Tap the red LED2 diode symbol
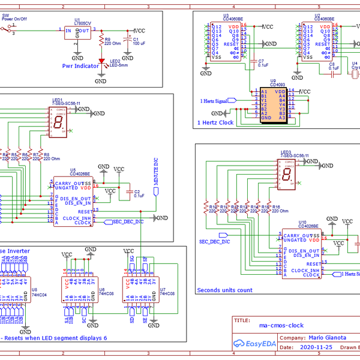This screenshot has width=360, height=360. [x=102, y=60]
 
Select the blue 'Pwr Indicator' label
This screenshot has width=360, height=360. [x=80, y=66]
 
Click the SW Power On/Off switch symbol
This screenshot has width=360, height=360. [x=8, y=31]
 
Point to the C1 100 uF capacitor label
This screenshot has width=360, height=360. [x=139, y=41]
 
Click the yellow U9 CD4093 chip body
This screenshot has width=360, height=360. [x=274, y=105]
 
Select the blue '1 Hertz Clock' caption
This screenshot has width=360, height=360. [x=215, y=123]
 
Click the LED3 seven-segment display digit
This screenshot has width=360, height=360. [x=287, y=175]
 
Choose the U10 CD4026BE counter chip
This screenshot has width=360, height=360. [x=302, y=254]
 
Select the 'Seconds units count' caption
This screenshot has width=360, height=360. [x=225, y=290]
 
